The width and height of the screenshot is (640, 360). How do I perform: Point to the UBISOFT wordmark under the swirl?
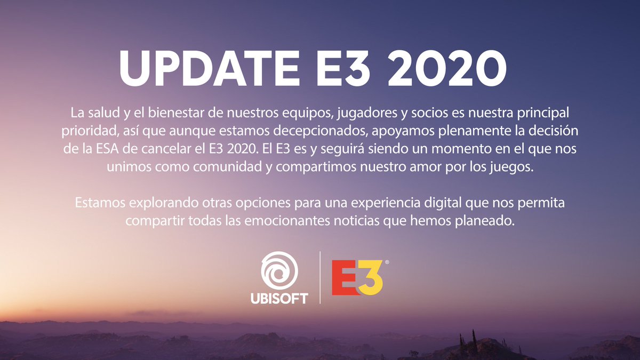pyautogui.click(x=279, y=298)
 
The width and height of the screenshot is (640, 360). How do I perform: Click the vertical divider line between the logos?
pyautogui.click(x=320, y=277)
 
